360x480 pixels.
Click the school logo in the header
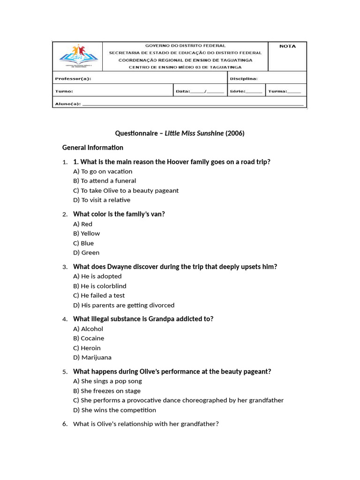78,56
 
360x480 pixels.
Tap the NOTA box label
287,46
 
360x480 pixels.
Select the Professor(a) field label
73,79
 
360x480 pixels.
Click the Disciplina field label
244,79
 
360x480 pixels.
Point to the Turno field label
64,91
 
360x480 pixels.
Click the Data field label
183,91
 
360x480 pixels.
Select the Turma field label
277,91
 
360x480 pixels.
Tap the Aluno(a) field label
68,104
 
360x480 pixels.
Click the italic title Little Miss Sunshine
194,133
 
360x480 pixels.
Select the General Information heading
93,147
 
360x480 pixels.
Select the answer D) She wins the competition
114,410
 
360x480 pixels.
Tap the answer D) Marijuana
93,357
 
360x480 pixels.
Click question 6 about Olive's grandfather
145,424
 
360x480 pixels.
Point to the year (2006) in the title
235,133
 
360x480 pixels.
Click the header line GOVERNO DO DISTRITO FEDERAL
185,46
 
